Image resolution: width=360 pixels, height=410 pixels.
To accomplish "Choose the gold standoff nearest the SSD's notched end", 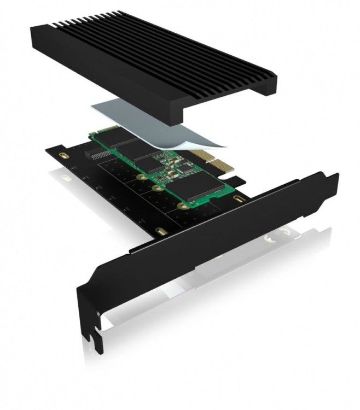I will [181, 206].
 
